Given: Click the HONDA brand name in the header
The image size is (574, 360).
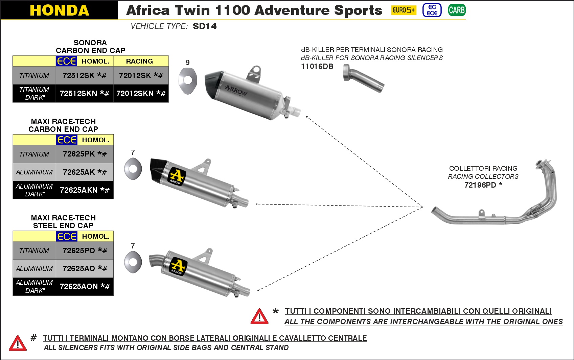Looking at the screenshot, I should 60,10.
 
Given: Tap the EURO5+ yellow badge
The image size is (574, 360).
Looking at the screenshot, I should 404,10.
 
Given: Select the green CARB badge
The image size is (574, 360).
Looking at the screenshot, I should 457,10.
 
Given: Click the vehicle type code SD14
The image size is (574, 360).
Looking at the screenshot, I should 205,26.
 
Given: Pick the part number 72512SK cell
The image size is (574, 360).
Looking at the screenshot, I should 84,75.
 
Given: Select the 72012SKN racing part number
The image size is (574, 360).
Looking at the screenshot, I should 141,93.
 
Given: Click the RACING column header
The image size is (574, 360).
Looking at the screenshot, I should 139,61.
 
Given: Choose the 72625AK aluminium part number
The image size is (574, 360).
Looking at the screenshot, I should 85,172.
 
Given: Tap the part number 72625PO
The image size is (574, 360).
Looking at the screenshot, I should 85,250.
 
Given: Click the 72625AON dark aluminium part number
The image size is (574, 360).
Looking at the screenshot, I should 85,286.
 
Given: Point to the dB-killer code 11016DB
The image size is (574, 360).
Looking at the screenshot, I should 317,67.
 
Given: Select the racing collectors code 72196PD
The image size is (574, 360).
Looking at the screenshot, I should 483,185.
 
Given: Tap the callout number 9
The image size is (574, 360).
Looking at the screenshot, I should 188,63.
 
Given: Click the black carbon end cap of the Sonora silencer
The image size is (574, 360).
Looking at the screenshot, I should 213,85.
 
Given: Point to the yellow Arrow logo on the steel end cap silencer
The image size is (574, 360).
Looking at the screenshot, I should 178,266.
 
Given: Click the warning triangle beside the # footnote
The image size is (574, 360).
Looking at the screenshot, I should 18,343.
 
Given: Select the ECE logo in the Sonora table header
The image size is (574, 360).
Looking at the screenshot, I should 66,61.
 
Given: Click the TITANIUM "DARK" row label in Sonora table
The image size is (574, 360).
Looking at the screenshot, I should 34,93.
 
